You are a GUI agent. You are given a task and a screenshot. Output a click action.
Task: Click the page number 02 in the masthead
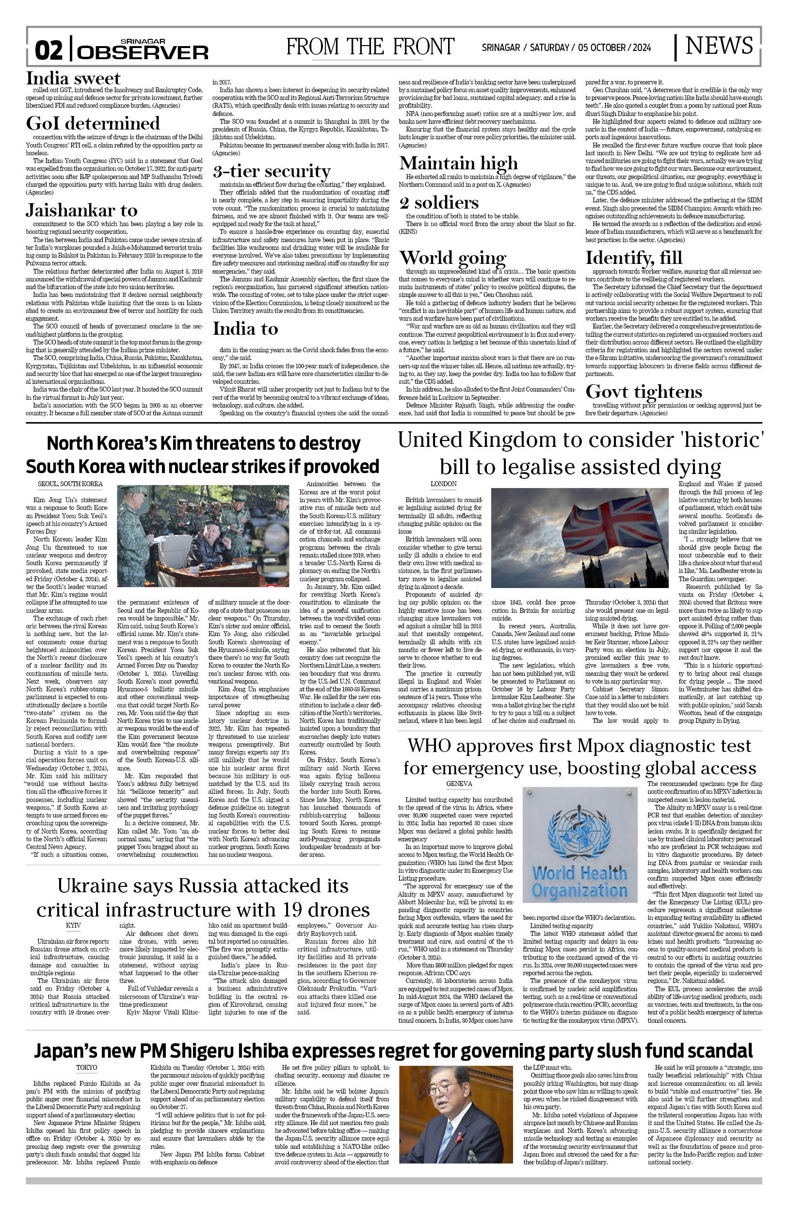tap(49, 51)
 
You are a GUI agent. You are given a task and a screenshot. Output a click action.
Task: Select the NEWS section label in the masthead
tap(718, 46)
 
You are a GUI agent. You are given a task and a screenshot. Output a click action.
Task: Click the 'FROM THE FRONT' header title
tap(370, 47)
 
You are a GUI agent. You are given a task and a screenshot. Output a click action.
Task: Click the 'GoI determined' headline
tap(93, 124)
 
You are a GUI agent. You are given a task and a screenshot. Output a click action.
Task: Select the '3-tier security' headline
tap(271, 171)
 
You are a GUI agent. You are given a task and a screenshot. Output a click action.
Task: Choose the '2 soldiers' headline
tap(439, 203)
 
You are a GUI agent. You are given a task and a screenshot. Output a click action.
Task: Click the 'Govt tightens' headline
tap(643, 392)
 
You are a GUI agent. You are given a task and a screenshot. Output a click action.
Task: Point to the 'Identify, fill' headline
tap(633, 258)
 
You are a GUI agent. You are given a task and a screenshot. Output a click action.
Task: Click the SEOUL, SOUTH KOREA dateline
tap(70, 484)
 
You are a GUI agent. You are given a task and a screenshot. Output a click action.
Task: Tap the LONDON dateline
tap(444, 484)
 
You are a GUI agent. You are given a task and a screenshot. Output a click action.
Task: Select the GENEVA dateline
tap(459, 784)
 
